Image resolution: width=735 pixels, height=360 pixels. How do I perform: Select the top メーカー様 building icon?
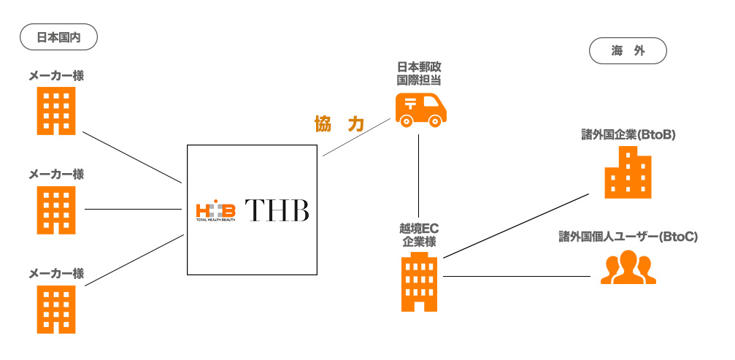pos(56,112)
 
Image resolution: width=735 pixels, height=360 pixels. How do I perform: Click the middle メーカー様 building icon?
pos(56,210)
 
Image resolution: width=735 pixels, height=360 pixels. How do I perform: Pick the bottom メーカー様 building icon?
pos(56,309)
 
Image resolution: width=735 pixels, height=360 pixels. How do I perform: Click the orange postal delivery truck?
pos(420,109)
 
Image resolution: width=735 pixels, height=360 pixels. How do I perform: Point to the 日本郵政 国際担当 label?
pos(418,73)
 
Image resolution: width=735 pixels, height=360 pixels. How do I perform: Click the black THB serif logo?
pos(277,210)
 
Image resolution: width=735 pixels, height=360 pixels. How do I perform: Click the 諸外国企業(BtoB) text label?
pos(627,134)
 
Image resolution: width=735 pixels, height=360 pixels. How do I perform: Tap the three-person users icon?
pos(627,268)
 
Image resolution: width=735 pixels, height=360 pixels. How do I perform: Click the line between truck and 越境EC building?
pos(418,175)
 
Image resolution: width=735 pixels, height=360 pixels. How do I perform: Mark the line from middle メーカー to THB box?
pos(133,210)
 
